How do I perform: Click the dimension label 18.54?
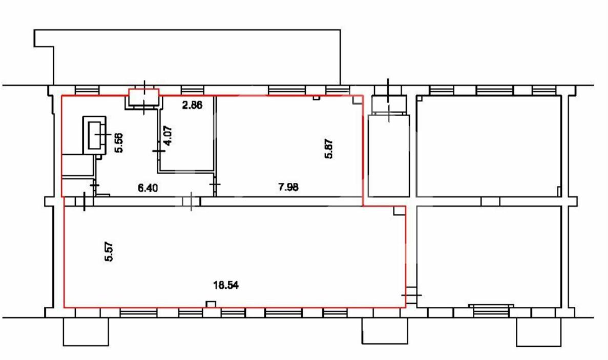[x=226, y=286]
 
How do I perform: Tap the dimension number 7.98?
[x=288, y=187]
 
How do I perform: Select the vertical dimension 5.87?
[x=329, y=149]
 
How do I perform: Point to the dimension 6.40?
[x=148, y=188]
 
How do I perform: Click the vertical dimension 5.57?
[x=109, y=251]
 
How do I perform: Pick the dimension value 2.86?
[x=192, y=104]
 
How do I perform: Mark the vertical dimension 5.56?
[x=119, y=142]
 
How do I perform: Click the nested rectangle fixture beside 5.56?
[x=95, y=135]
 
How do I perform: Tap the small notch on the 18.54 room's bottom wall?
[x=211, y=304]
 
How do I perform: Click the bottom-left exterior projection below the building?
[x=86, y=332]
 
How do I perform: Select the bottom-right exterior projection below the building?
[x=538, y=332]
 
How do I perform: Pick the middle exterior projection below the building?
[x=385, y=331]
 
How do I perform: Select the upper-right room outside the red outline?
[x=489, y=146]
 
